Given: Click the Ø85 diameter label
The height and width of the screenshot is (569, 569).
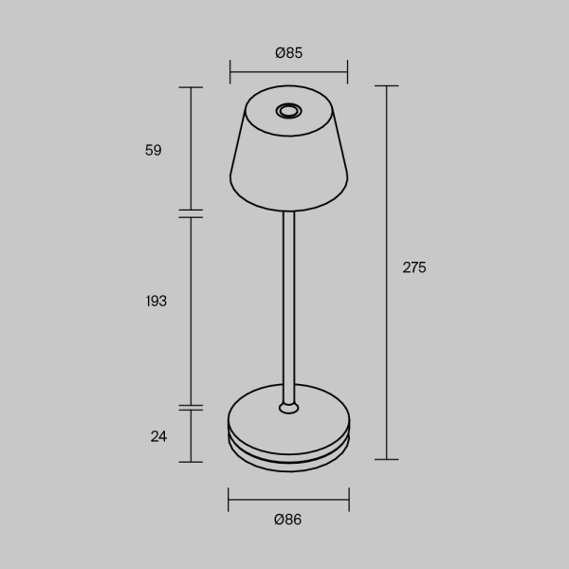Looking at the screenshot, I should [x=288, y=53].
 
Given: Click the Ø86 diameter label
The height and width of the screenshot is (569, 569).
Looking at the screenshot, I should [x=288, y=519].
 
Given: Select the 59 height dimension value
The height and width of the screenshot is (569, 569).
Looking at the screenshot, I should [x=154, y=150].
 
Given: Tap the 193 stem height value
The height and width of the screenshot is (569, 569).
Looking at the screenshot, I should [x=156, y=301].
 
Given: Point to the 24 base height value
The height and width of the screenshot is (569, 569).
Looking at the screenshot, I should [x=158, y=436].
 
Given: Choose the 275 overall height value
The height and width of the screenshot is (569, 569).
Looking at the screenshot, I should [x=414, y=267].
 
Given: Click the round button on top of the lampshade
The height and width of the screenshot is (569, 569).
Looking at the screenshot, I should [x=288, y=112].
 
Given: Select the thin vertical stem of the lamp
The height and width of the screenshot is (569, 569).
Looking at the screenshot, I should [x=289, y=303].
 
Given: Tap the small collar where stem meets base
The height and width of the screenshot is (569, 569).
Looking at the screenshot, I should [x=289, y=408].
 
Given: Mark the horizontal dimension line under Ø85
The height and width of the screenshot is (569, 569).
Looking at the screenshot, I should [x=288, y=71].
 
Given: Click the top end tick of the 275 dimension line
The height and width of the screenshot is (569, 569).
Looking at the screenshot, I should [x=386, y=86].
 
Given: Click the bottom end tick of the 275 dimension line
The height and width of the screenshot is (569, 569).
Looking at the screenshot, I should [x=386, y=459].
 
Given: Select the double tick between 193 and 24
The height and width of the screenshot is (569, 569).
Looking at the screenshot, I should [x=192, y=408].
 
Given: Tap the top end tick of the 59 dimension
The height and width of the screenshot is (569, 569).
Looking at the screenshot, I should [x=192, y=87].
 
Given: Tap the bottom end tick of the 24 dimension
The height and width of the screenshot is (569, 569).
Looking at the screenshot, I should [x=192, y=462].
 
